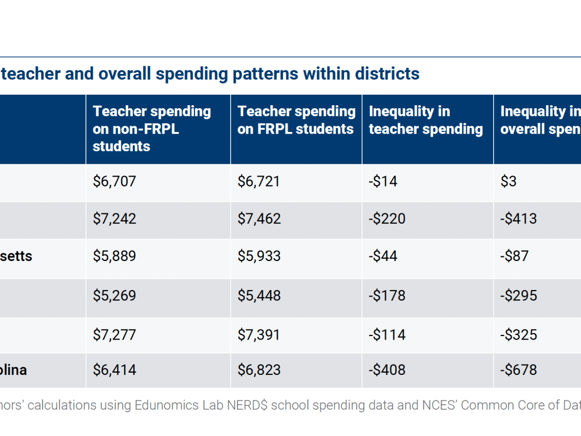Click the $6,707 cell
[x=114, y=181]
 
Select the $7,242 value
[x=114, y=219]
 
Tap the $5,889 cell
[x=114, y=256]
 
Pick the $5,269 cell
[x=114, y=295]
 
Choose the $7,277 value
[x=114, y=335]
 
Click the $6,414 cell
[x=114, y=370]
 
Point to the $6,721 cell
[x=259, y=181]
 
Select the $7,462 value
[x=259, y=219]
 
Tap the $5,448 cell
[x=259, y=295]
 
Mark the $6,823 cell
[x=259, y=370]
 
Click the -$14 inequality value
[x=383, y=181]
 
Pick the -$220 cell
[x=387, y=219]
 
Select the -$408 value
[x=387, y=370]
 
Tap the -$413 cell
[x=519, y=219]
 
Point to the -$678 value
[x=519, y=370]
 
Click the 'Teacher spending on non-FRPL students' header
[x=152, y=128]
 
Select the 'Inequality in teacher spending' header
[x=426, y=120]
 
